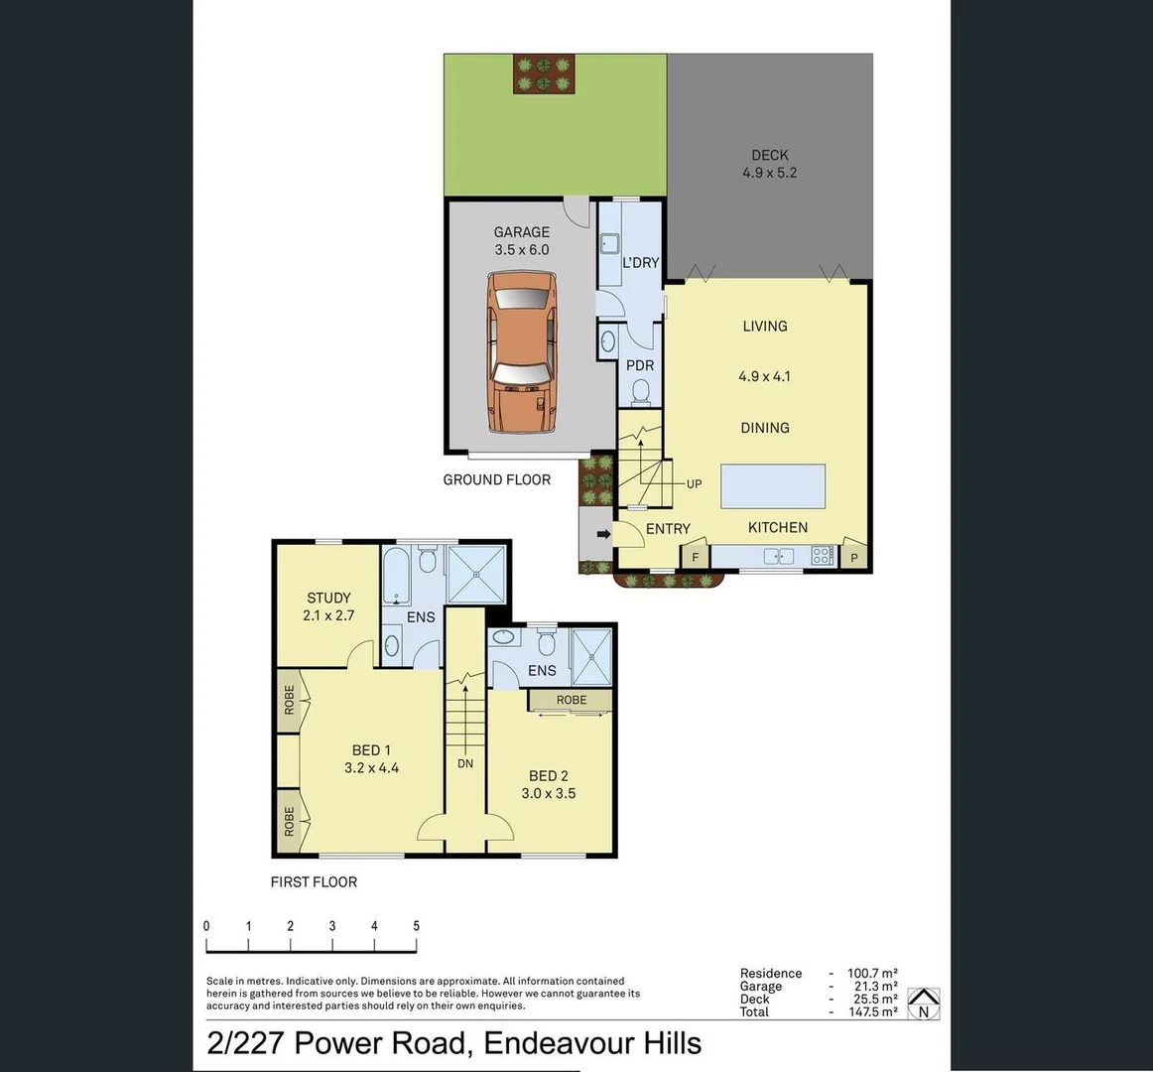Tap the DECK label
coord(769,155)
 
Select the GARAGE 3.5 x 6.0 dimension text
coord(521,250)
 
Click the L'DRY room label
coord(640,263)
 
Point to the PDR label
coord(640,365)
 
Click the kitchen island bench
coord(773,485)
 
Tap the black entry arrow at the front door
coord(602,534)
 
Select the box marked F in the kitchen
coord(696,558)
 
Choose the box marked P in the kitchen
coord(853,558)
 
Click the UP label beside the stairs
coord(694,484)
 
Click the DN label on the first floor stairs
coord(465,764)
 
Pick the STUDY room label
coord(328,598)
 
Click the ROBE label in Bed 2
coord(571,700)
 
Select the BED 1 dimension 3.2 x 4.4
coord(371,768)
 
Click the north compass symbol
coord(924,1004)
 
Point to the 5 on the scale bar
coord(416,926)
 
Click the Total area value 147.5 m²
coord(872,1011)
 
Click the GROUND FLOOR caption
coord(496,479)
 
